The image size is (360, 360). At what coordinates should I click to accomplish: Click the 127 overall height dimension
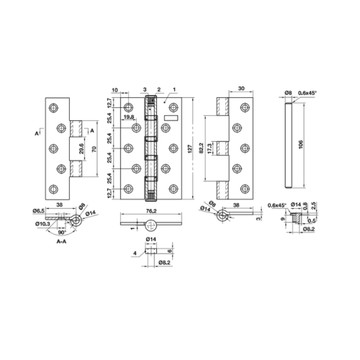189,149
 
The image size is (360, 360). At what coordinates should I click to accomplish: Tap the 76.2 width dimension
151,211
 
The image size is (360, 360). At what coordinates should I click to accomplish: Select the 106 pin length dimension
301,144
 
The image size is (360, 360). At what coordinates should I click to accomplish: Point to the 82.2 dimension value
202,148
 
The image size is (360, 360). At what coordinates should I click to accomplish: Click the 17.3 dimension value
209,148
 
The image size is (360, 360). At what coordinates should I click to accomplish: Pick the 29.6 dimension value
81,148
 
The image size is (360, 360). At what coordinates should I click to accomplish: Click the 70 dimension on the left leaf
94,149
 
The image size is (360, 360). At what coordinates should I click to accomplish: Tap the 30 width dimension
241,89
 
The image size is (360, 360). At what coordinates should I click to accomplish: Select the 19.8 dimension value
128,117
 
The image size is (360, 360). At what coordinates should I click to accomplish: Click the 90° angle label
62,233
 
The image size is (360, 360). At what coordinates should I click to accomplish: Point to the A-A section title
61,242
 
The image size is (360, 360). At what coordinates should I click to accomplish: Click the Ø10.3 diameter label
42,224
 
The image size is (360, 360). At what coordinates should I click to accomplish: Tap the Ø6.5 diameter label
39,211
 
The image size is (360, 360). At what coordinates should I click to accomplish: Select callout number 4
135,253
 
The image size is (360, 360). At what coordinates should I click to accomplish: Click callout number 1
174,89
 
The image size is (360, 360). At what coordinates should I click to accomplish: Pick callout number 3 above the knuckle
145,89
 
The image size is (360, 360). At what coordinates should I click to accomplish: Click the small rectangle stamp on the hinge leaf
171,118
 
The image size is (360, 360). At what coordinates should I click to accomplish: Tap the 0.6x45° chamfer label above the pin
307,93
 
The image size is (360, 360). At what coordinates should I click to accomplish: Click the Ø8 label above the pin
288,93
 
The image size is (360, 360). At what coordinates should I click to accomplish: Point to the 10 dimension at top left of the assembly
115,90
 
